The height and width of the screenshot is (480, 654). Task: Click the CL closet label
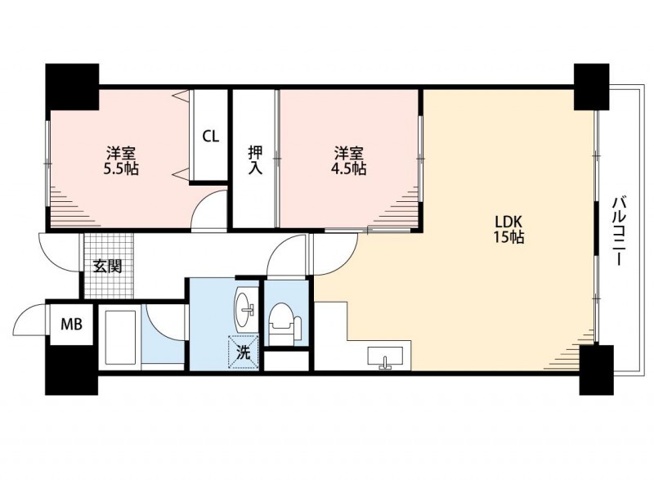click(211, 137)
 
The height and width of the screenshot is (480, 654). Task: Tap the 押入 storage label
click(255, 160)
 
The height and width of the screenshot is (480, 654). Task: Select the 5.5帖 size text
click(121, 169)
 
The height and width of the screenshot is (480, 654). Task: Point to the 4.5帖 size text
click(349, 169)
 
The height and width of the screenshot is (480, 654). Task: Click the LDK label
click(508, 221)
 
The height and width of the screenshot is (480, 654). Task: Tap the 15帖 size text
click(508, 237)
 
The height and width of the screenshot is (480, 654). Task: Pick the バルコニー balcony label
click(619, 231)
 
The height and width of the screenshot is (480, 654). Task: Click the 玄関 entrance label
click(108, 266)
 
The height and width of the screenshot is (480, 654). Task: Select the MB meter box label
click(71, 324)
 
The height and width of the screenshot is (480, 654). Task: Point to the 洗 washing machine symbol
click(244, 352)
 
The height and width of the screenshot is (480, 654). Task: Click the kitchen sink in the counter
click(385, 357)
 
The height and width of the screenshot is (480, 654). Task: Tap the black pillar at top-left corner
click(72, 87)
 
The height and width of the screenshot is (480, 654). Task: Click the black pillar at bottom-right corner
click(597, 370)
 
